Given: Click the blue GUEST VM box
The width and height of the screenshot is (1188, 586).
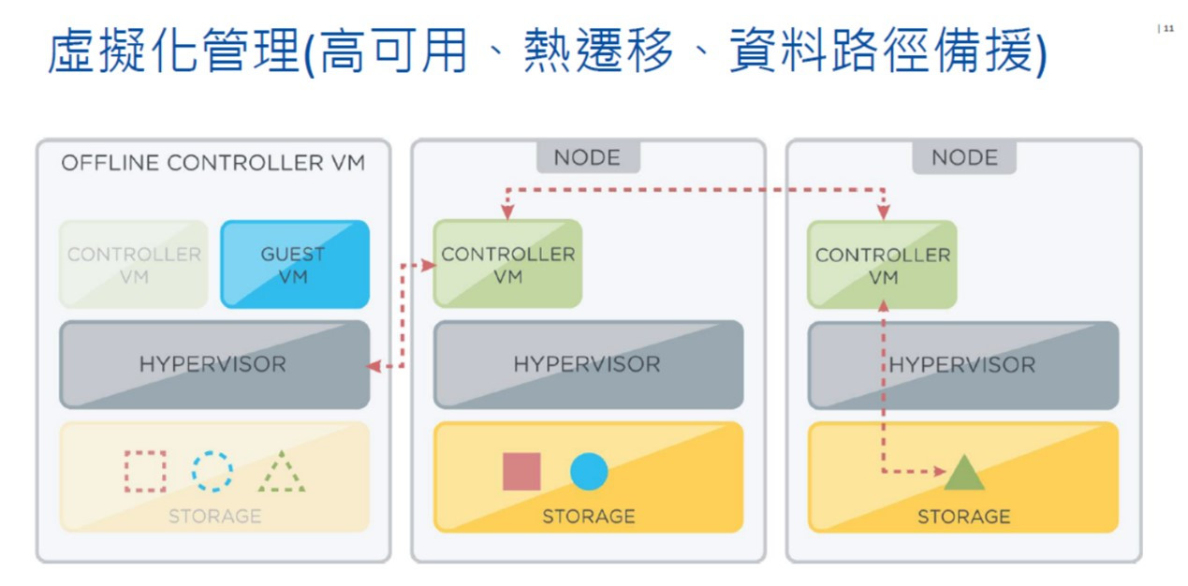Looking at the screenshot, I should click(295, 264).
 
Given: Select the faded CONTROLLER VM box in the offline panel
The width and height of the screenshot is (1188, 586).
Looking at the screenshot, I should click(133, 264).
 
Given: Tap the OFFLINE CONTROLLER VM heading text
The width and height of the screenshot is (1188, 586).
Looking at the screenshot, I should click(213, 163).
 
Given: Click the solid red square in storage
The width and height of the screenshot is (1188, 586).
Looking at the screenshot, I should click(521, 472).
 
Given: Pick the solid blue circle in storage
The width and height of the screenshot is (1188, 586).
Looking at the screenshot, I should click(589, 472).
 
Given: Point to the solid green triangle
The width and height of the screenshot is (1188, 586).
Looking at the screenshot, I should click(964, 474).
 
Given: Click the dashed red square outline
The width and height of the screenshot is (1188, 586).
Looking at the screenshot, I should click(145, 472).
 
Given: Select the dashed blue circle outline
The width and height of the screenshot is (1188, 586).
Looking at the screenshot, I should click(213, 472).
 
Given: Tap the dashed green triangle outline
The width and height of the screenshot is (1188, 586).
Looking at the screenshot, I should click(282, 474).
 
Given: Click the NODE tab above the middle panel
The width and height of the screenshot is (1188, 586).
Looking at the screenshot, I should click(588, 157).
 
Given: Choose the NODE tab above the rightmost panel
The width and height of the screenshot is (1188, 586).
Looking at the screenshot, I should click(964, 157).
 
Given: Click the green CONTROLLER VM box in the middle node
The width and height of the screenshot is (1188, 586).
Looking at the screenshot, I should click(507, 264).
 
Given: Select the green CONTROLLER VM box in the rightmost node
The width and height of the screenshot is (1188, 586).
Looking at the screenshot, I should click(882, 264).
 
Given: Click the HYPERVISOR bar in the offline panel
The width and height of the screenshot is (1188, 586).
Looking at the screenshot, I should click(213, 364).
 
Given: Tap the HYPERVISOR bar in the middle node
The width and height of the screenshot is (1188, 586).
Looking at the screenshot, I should click(587, 364).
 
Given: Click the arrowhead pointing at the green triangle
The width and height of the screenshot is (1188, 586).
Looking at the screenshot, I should click(939, 471).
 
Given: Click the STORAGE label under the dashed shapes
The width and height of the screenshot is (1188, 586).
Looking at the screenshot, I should click(214, 516).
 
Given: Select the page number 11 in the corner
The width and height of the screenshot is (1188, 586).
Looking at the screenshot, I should click(1167, 29).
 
